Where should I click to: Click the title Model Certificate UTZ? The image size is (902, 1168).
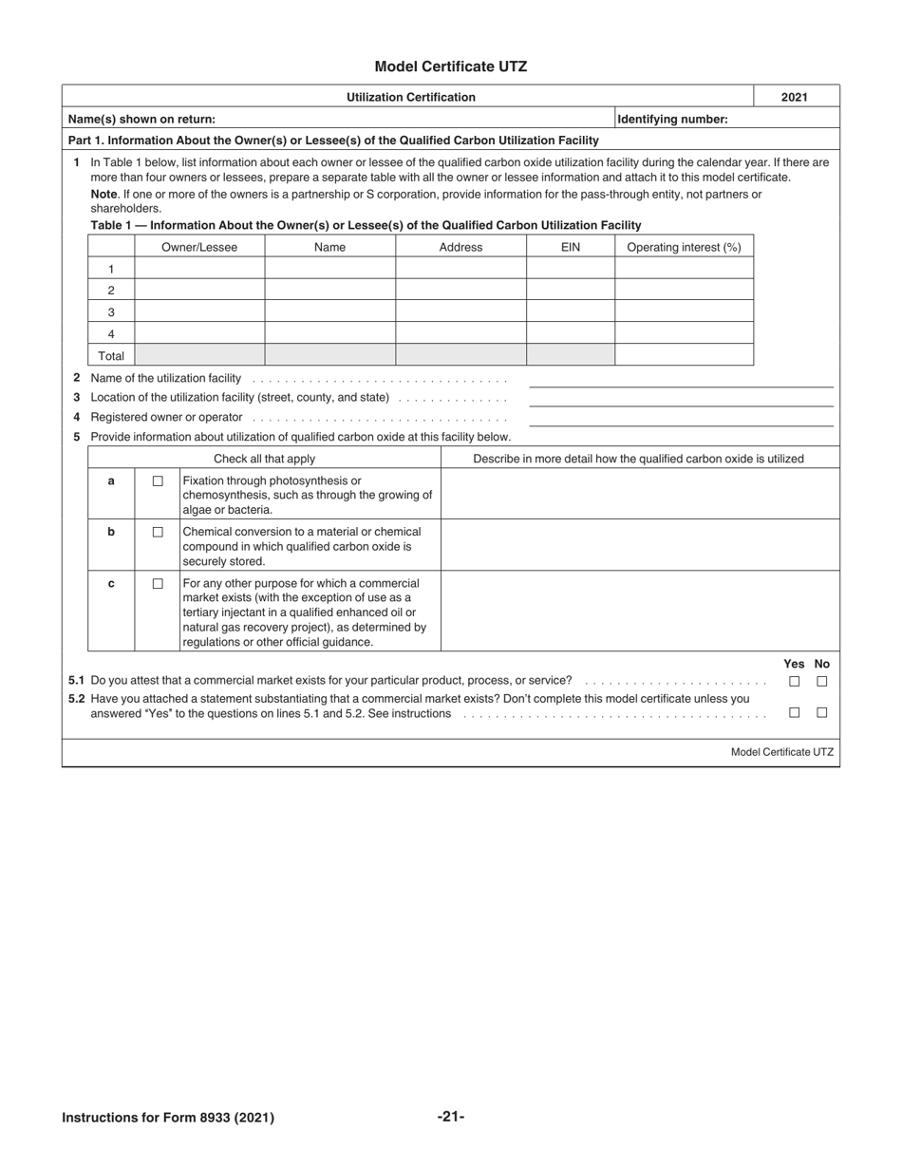point(450,66)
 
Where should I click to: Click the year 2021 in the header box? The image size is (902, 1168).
point(797,97)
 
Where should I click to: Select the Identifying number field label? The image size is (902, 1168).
point(672,119)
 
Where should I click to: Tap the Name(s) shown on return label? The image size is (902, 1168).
point(141,119)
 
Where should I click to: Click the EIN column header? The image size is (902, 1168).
point(571,247)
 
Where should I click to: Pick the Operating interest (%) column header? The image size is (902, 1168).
point(684,247)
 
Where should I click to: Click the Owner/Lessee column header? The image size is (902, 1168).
point(199,247)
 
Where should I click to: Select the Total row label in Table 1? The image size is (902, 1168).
point(111,356)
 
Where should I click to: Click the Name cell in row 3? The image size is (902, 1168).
point(329,311)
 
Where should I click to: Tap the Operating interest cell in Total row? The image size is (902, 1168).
point(684,355)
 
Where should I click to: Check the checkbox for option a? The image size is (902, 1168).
point(158,481)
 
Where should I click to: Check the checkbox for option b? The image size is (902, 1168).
point(158,532)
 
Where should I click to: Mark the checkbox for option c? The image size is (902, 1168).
point(158,583)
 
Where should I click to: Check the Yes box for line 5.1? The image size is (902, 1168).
point(795,681)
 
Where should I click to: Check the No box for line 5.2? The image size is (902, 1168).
point(822,712)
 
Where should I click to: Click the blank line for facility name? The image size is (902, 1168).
point(681,380)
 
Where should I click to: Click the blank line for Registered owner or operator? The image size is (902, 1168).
point(681,418)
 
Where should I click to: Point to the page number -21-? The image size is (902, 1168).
point(451,1117)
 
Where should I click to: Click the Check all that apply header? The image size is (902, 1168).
point(264,459)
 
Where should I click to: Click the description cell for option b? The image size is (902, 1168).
point(640,545)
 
